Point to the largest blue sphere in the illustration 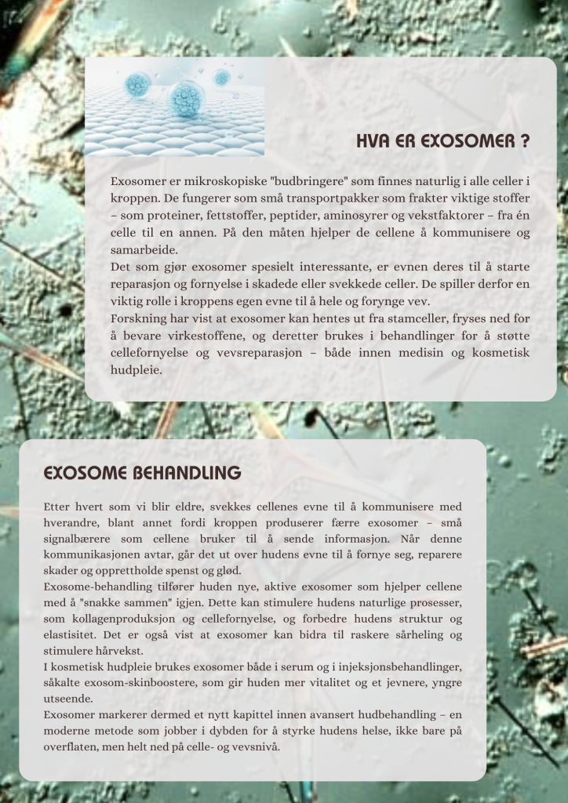click(x=186, y=100)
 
